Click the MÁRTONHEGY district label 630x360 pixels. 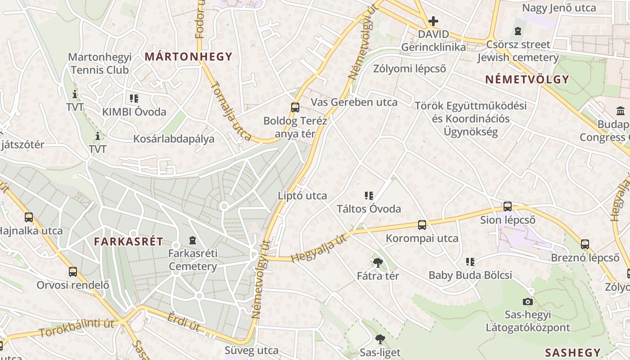(188, 57)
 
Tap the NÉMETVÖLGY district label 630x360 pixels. (527, 80)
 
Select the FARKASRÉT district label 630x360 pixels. (129, 241)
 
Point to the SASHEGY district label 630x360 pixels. (573, 352)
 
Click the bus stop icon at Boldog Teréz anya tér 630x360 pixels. (295, 107)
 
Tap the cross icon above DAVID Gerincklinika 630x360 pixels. (433, 21)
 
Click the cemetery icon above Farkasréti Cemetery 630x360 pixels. (193, 240)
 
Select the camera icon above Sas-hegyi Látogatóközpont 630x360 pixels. (528, 301)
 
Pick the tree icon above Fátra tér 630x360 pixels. (378, 262)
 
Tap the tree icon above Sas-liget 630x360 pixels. (380, 339)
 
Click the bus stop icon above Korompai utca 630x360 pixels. (422, 225)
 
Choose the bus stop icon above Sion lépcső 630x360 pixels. (508, 207)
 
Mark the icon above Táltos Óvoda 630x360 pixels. (369, 196)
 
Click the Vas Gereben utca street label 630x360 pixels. (354, 102)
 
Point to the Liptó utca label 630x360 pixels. (302, 196)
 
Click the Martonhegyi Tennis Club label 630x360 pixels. (99, 63)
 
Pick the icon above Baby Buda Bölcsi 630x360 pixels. (470, 262)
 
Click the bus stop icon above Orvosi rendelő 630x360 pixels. (73, 272)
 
